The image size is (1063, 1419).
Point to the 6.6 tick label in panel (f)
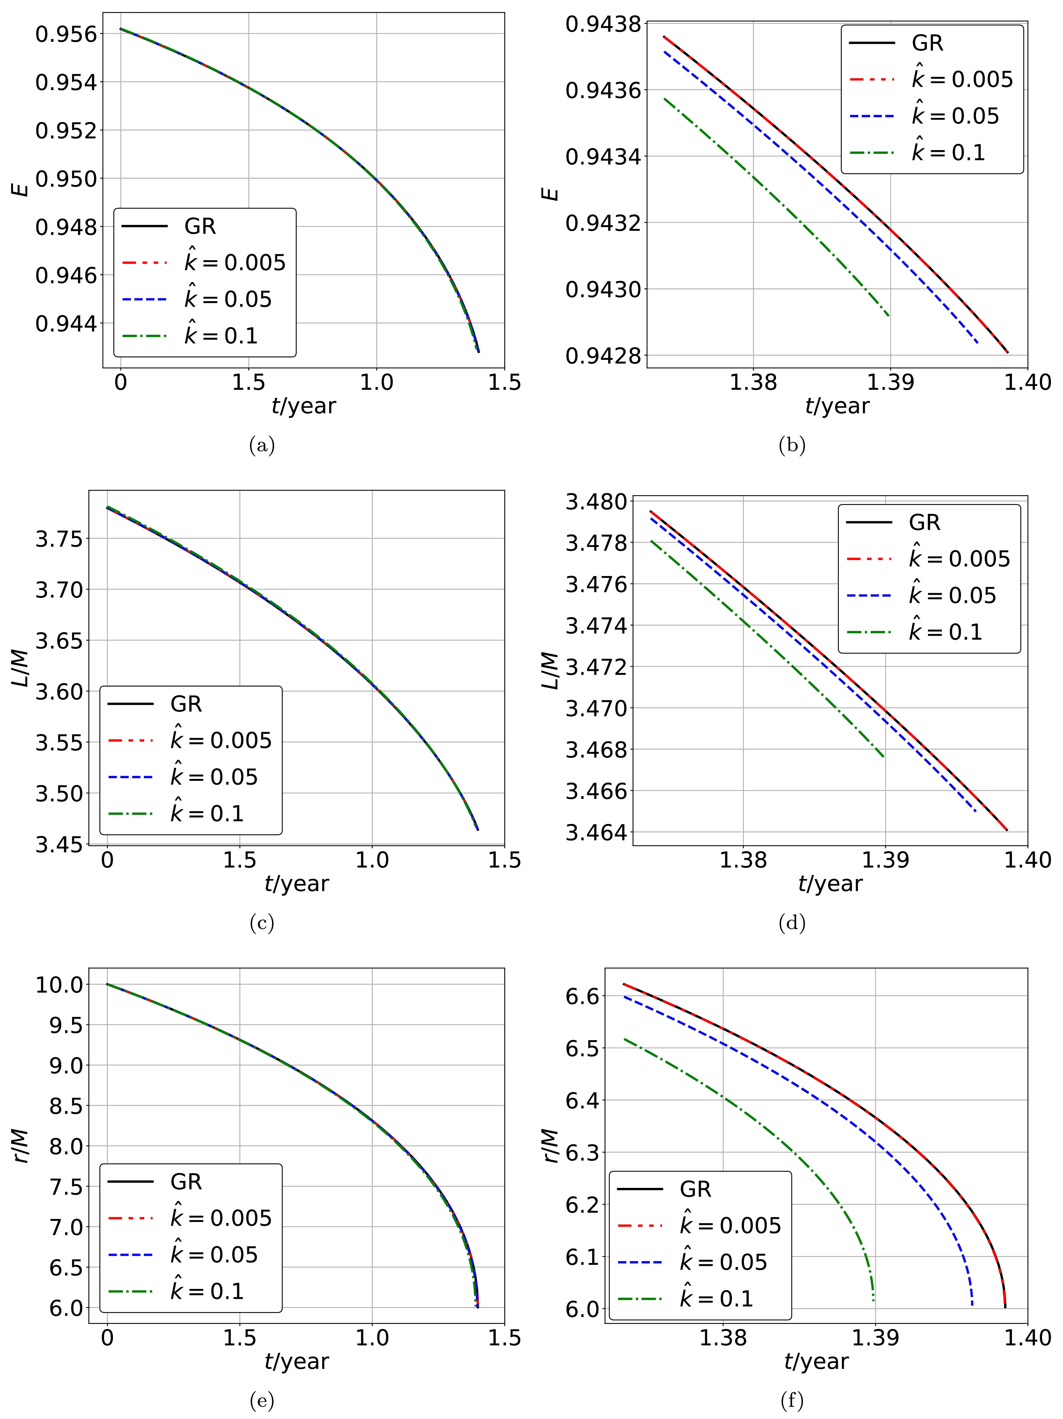[x=582, y=996]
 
